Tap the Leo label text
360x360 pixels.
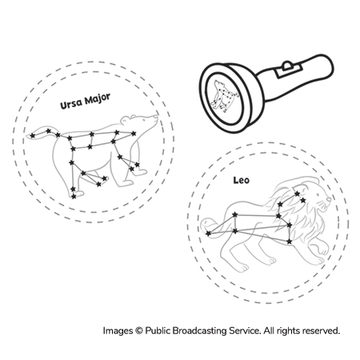pyautogui.click(x=242, y=180)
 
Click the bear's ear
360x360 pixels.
pyautogui.click(x=126, y=120)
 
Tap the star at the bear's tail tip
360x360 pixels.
pyautogui.click(x=32, y=136)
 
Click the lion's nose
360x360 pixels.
pyautogui.click(x=329, y=199)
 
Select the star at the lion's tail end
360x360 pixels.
pyautogui.click(x=208, y=234)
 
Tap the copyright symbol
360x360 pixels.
pyautogui.click(x=138, y=331)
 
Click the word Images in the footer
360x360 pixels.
pyautogui.click(x=118, y=331)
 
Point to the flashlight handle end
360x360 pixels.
pyautogui.click(x=330, y=66)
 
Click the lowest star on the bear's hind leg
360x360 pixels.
pyautogui.click(x=74, y=197)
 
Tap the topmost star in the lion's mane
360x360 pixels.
pyautogui.click(x=297, y=194)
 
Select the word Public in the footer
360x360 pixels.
pyautogui.click(x=158, y=331)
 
